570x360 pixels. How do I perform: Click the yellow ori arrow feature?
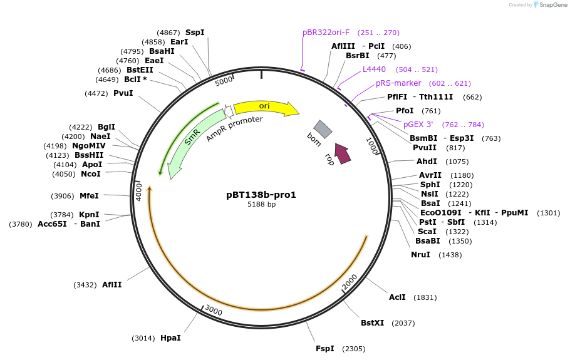[x=264, y=107]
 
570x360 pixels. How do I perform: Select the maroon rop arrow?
[x=342, y=153]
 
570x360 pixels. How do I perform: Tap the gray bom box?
[x=323, y=129]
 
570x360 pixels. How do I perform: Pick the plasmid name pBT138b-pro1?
[x=261, y=195]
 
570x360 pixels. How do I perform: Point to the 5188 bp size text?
[x=261, y=204]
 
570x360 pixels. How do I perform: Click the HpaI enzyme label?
[x=170, y=338]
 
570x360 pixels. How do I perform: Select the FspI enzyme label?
[x=325, y=349]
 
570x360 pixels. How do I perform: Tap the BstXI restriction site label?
[x=373, y=323]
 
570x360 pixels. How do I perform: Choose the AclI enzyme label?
[x=397, y=297]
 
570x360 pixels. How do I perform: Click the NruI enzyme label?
[x=420, y=255]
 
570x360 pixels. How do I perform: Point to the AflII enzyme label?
[x=112, y=285]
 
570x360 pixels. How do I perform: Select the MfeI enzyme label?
[x=89, y=196]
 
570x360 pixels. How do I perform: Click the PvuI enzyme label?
[x=123, y=93]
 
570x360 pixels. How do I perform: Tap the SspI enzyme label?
[x=195, y=33]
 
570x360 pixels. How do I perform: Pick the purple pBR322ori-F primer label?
[x=326, y=33]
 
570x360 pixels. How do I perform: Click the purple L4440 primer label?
[x=374, y=69]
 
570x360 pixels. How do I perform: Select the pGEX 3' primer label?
[x=418, y=125]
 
